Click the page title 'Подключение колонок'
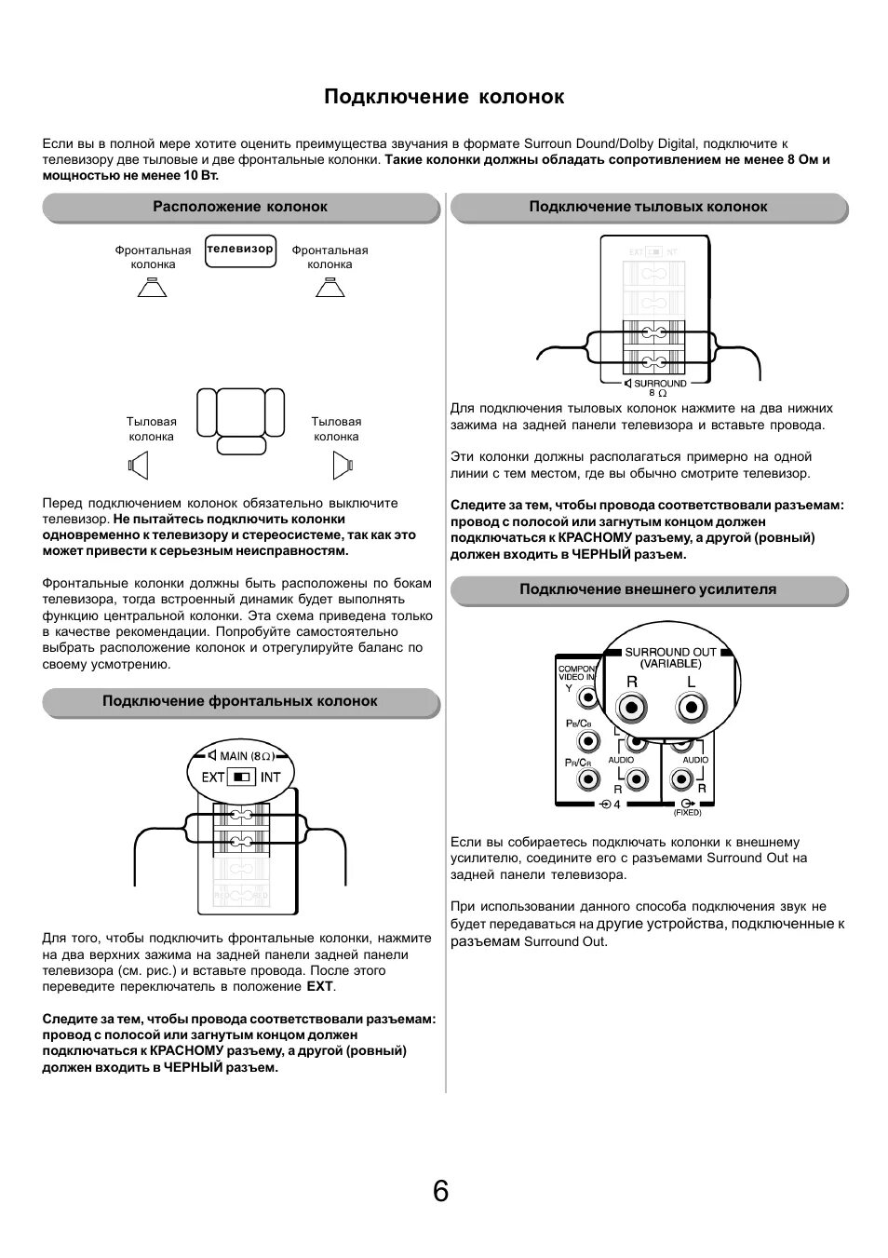[444, 97]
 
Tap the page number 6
[440, 1191]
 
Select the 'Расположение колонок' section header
[240, 207]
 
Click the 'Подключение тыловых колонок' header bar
[648, 207]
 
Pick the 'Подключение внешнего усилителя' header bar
[648, 589]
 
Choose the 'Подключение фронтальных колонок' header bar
[240, 701]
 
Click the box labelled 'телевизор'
[240, 250]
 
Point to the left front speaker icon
[152, 288]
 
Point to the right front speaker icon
[330, 288]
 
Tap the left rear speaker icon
[138, 463]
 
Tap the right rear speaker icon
[343, 463]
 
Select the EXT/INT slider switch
[242, 777]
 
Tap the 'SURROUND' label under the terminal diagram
[659, 384]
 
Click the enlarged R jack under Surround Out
[633, 708]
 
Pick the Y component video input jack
[587, 697]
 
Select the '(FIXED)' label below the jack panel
[687, 813]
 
